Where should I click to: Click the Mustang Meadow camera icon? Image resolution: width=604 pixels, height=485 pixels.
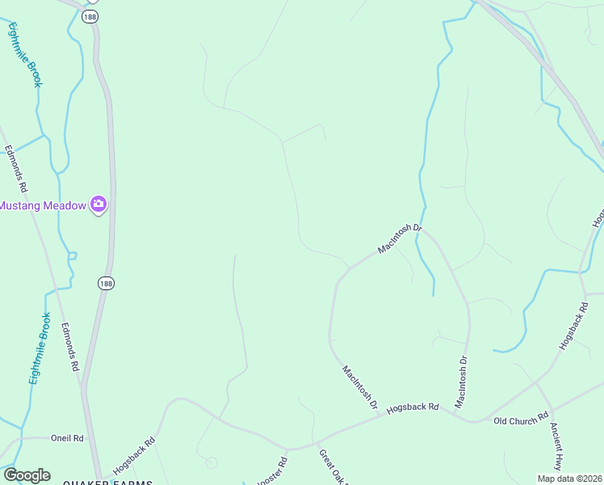pyautogui.click(x=99, y=205)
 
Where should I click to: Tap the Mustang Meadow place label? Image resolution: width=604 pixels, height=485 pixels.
pyautogui.click(x=42, y=205)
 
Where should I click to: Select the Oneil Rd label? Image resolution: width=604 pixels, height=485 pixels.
pyautogui.click(x=67, y=438)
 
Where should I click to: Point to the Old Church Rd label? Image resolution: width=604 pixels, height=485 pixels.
pyautogui.click(x=521, y=421)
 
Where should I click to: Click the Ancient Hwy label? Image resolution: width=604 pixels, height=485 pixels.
pyautogui.click(x=556, y=445)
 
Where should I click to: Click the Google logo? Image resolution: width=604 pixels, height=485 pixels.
pyautogui.click(x=27, y=475)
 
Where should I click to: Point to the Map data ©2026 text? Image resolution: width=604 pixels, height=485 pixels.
pyautogui.click(x=569, y=479)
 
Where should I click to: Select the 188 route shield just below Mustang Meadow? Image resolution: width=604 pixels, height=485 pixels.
pyautogui.click(x=107, y=282)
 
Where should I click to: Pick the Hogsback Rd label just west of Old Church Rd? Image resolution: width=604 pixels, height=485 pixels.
pyautogui.click(x=412, y=408)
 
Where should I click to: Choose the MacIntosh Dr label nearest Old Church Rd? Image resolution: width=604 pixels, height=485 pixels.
pyautogui.click(x=462, y=382)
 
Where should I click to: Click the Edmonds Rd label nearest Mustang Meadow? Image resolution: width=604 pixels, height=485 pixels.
pyautogui.click(x=16, y=167)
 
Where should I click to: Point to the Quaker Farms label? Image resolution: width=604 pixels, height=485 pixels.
pyautogui.click(x=107, y=482)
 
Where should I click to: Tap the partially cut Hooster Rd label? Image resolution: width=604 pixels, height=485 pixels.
pyautogui.click(x=273, y=472)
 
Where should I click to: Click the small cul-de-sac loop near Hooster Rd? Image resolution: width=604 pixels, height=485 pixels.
pyautogui.click(x=212, y=462)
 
